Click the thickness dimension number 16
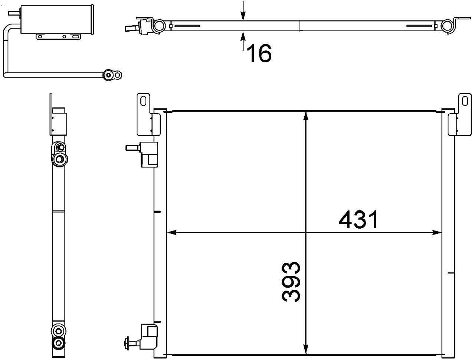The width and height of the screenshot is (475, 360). pyautogui.click(x=259, y=53)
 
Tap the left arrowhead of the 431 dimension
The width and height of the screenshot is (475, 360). pyautogui.click(x=171, y=233)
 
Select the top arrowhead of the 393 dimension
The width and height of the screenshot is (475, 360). pyautogui.click(x=305, y=116)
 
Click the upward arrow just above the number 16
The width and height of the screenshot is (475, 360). pyautogui.click(x=243, y=36)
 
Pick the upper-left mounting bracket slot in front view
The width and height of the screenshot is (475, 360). pyautogui.click(x=144, y=101)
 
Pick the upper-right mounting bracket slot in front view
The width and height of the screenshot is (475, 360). pyautogui.click(x=464, y=101)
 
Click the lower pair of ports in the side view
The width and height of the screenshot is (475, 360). pyautogui.click(x=58, y=336)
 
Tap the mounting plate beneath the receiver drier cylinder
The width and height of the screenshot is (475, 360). pyautogui.click(x=59, y=36)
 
